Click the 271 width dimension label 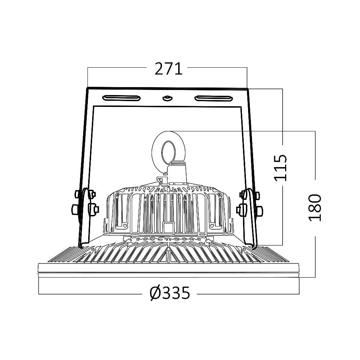(x=168, y=69)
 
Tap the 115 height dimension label (x=280, y=168)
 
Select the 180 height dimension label (x=315, y=208)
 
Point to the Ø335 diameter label (x=170, y=293)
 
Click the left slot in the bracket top (x=121, y=98)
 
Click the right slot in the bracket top (x=213, y=99)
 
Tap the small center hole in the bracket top (x=167, y=98)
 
